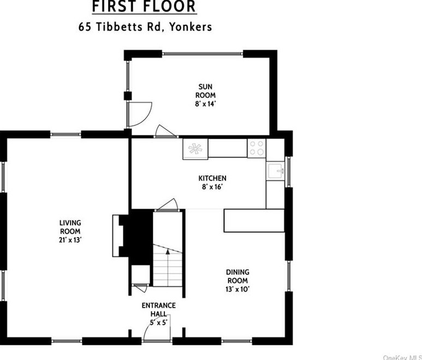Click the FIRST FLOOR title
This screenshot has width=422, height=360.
144,7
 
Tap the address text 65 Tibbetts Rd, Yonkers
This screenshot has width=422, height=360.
145,27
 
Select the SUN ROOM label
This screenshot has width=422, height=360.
205,91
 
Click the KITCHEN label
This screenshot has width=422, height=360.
212,178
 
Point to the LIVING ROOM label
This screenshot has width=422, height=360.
70,227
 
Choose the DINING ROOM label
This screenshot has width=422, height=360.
237,276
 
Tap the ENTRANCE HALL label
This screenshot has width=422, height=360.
159,310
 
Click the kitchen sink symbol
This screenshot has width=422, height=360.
275,171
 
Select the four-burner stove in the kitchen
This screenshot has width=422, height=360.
257,148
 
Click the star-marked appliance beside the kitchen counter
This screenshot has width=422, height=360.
195,149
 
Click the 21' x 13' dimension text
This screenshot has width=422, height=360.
70,240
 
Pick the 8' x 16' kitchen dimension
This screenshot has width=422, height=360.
212,187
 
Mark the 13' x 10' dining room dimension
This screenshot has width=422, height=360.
237,289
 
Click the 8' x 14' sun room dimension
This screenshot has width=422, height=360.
205,104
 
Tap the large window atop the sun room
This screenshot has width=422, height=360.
203,54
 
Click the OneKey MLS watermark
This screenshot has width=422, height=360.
402,357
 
